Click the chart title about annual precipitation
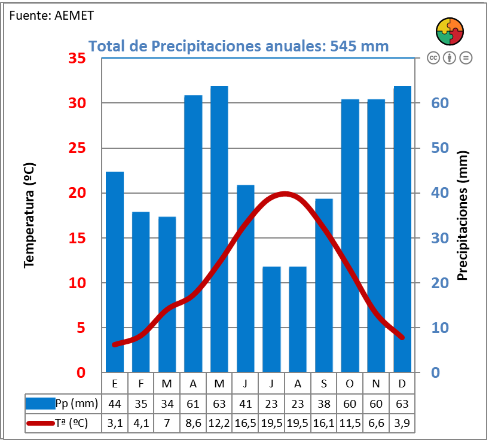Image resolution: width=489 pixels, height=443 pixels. coord(239,46)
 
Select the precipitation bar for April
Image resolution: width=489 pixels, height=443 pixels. coord(193,233)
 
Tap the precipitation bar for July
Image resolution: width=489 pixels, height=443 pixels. coord(271,319)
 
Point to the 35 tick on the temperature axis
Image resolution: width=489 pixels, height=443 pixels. coord(77,59)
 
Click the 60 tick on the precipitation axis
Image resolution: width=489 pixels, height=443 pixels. coord(440,103)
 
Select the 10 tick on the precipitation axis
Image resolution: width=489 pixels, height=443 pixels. coord(440,328)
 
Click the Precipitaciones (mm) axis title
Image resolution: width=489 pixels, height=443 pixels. coord(462,215)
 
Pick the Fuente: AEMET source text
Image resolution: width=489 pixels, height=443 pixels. coord(51,16)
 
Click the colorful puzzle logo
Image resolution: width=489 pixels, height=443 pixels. coord(450,31)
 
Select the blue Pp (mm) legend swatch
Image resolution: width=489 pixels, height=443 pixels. coord(41,404)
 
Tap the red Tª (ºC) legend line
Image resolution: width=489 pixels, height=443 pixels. coord(41,423)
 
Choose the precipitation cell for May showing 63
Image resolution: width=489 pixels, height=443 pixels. coord(219,404)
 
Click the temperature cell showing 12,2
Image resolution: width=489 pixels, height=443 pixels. coord(219,423)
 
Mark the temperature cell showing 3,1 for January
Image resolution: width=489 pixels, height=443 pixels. coord(115,423)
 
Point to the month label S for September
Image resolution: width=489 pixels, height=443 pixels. coord(324,383)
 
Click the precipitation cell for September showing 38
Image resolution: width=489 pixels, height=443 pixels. coord(324,404)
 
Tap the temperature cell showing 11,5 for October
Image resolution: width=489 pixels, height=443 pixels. coord(350,423)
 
